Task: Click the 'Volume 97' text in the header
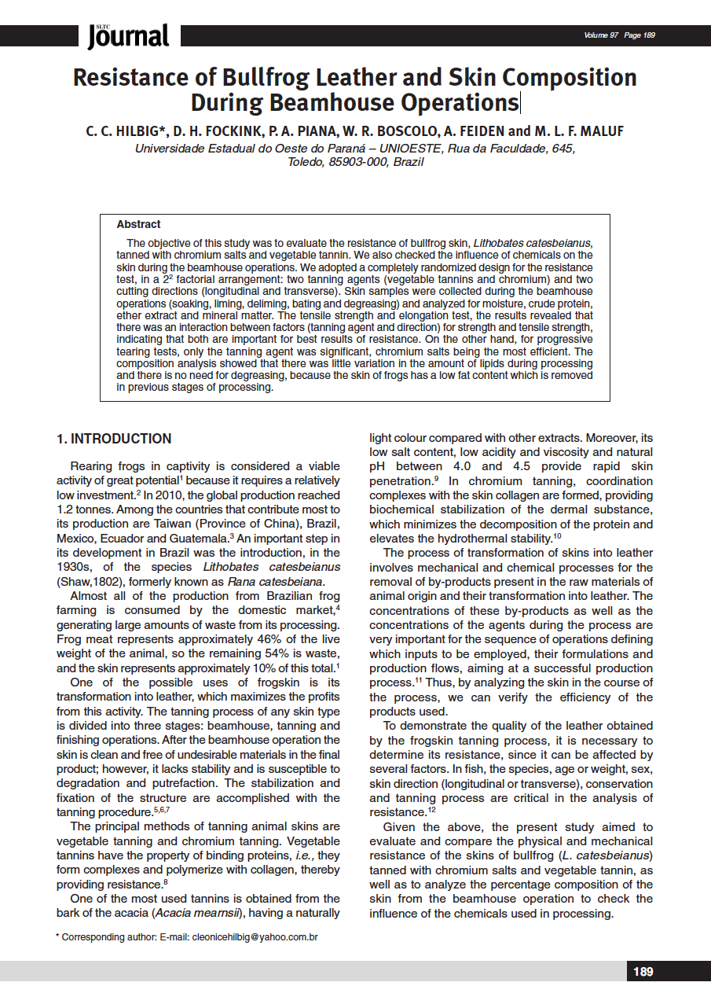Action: click(x=601, y=35)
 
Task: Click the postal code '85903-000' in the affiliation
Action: click(x=351, y=162)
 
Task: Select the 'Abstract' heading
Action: click(x=138, y=224)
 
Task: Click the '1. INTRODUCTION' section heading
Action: click(x=114, y=439)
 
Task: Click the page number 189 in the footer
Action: click(x=643, y=972)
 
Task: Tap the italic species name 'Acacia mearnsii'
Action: click(x=194, y=913)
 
